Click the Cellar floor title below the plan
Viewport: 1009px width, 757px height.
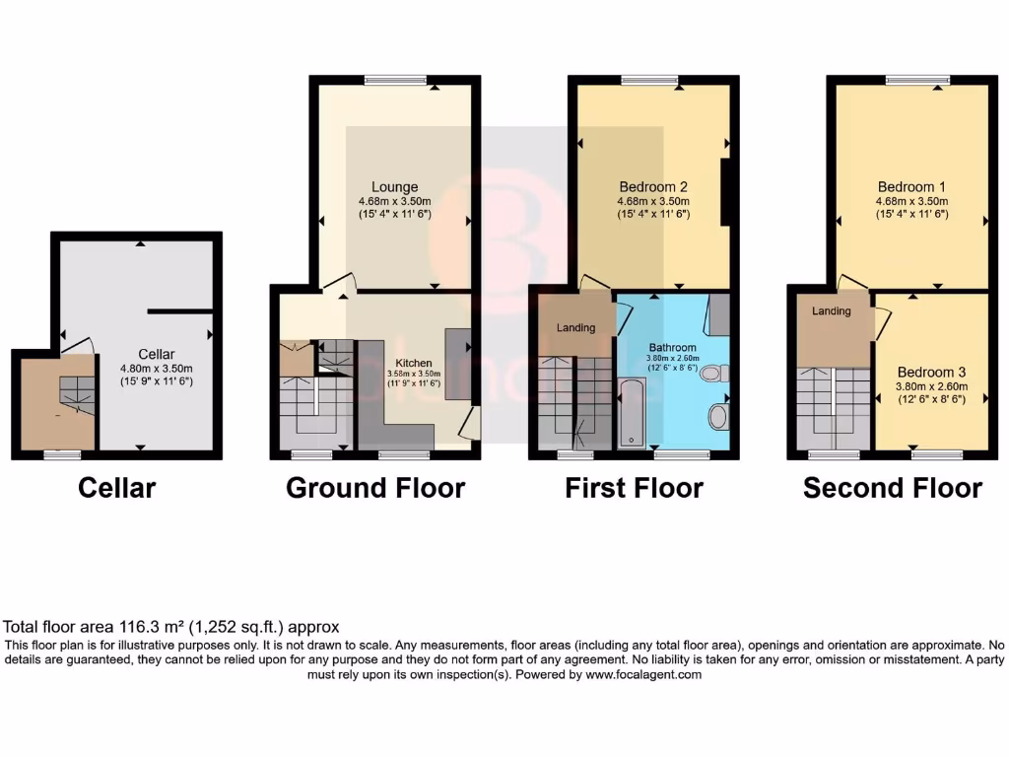tap(116, 488)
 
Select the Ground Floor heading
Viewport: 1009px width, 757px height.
tap(375, 488)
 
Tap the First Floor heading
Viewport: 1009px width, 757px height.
tap(634, 488)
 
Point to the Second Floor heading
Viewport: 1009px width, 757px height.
tap(892, 488)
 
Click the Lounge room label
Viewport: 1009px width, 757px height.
tap(394, 187)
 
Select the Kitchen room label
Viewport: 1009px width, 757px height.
tap(414, 363)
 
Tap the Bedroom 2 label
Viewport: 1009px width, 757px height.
tap(652, 187)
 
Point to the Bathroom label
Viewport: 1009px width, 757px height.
tap(671, 347)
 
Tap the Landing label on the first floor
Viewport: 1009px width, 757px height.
tap(575, 327)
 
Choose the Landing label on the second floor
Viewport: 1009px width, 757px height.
tap(831, 311)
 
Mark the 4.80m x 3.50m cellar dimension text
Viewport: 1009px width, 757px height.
tap(156, 368)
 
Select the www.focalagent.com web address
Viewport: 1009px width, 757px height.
tap(642, 675)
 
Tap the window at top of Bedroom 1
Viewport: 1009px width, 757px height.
tap(916, 80)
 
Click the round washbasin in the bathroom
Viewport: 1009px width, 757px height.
tap(717, 417)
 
